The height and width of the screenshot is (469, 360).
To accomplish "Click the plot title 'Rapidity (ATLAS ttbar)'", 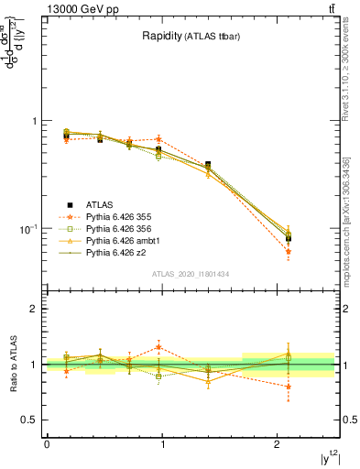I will pos(191,36).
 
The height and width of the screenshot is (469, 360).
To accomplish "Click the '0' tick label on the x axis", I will pos(47,444).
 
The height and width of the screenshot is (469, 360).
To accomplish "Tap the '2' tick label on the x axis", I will pos(278,444).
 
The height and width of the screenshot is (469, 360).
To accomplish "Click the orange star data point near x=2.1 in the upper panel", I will pos(289,251).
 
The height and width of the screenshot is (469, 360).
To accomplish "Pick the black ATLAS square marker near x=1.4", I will pos(208,165).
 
